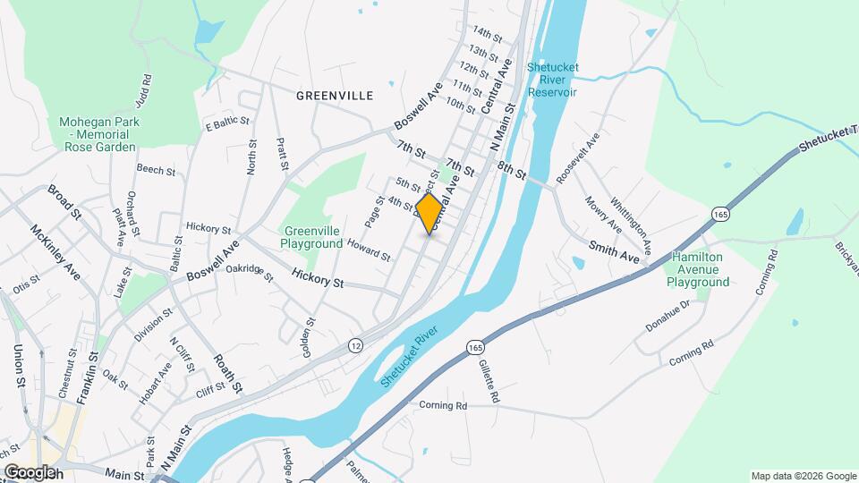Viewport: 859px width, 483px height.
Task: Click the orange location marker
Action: coord(429,214)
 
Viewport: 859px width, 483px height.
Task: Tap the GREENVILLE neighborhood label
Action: coord(334,95)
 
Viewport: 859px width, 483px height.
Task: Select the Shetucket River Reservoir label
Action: coord(552,80)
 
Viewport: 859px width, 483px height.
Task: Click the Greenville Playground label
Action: coord(311,237)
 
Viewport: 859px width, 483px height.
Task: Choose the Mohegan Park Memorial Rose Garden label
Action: coord(98,134)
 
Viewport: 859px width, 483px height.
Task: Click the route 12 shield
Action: coord(356,345)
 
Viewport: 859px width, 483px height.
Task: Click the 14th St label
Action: coord(488,33)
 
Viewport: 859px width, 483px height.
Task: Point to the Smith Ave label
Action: coord(614,250)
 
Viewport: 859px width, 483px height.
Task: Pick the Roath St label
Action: coord(227,373)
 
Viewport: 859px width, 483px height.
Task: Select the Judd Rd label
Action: coord(145,91)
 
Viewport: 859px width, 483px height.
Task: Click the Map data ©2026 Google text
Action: coord(803,476)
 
